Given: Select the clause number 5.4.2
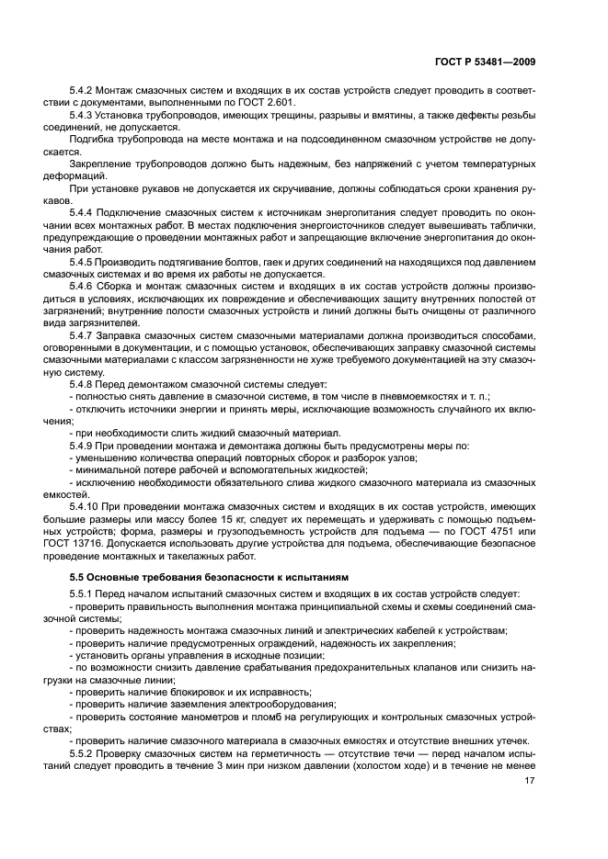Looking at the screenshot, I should click(x=84, y=91).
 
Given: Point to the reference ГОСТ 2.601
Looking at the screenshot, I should click(x=264, y=104).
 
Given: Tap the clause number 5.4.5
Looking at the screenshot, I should click(x=84, y=262).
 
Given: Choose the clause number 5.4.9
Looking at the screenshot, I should click(x=84, y=445).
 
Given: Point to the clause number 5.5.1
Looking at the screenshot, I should click(x=84, y=593).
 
